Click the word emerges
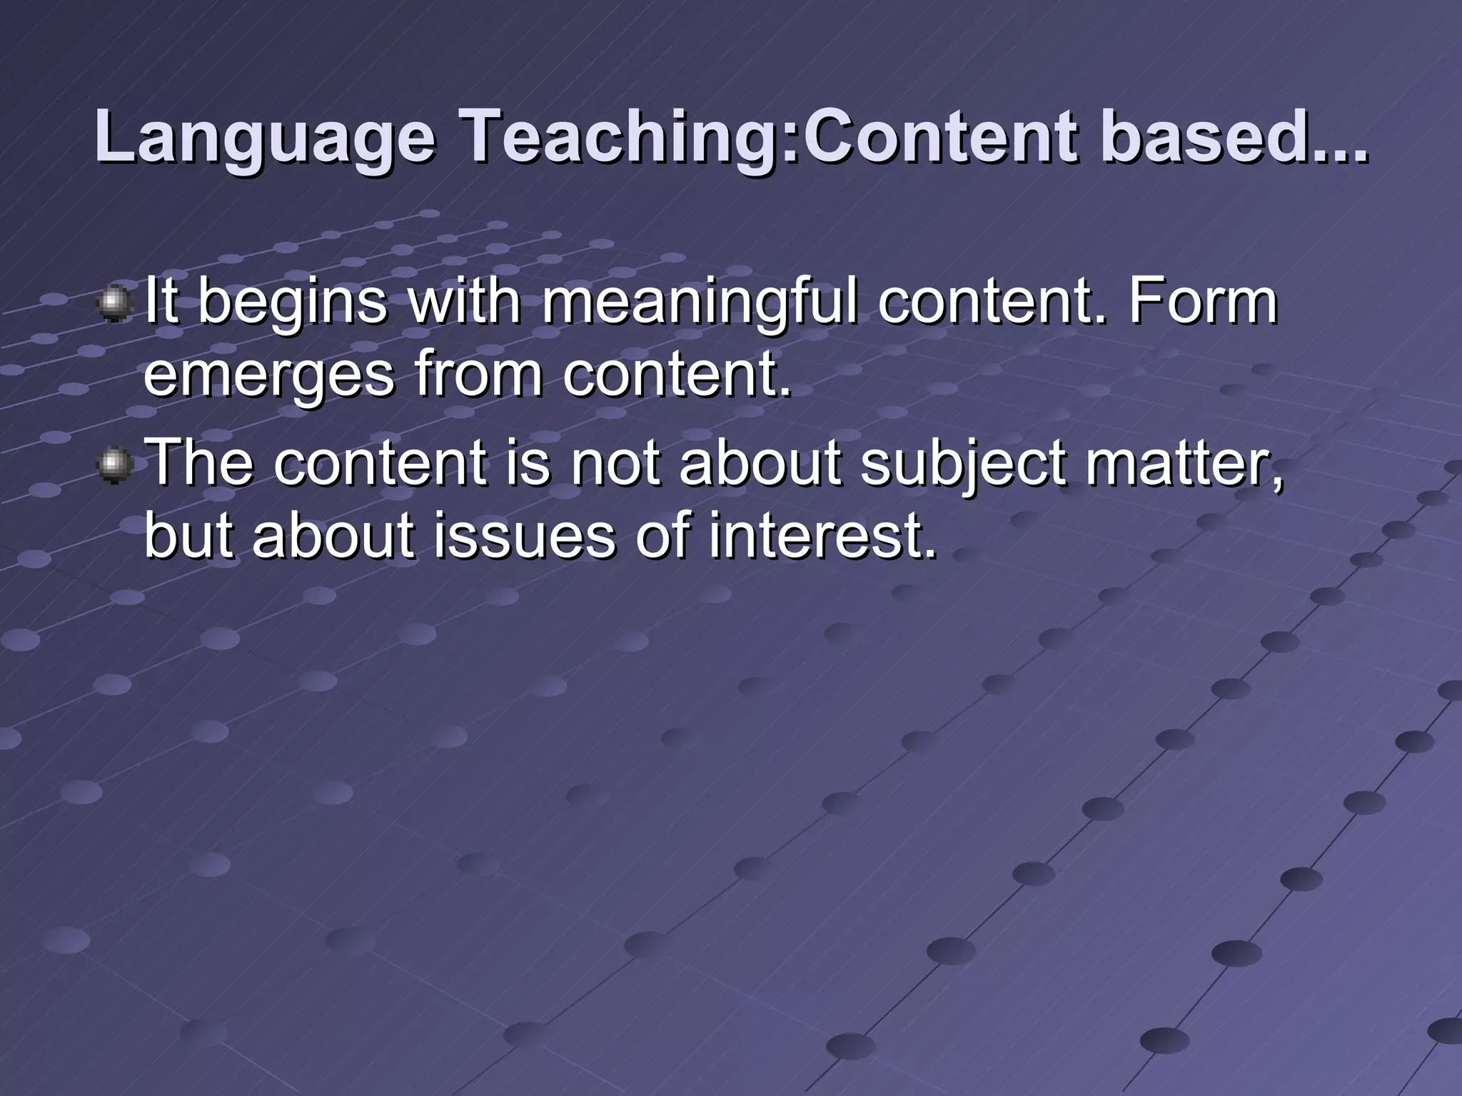coord(268,377)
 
